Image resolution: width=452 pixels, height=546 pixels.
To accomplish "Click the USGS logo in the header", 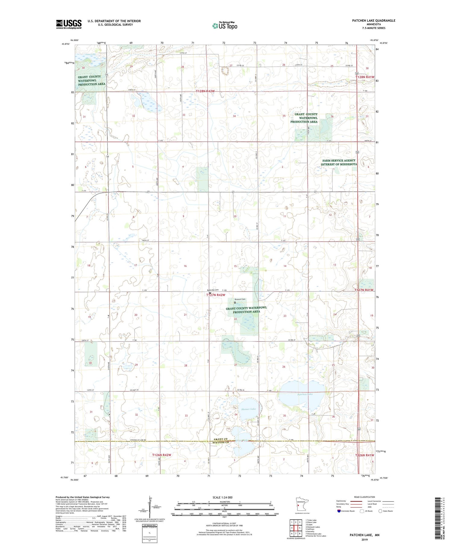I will (x=69, y=24).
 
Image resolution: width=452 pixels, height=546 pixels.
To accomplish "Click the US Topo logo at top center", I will (x=225, y=26).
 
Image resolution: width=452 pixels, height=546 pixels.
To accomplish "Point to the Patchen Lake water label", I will (x=305, y=394).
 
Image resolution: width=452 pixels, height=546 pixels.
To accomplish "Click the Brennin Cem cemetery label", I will (x=240, y=299).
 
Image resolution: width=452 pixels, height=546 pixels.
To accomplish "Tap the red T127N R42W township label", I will (x=216, y=295).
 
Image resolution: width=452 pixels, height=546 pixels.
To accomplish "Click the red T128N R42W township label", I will (x=205, y=91).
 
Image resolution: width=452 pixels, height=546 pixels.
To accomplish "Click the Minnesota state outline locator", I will (x=300, y=504).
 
